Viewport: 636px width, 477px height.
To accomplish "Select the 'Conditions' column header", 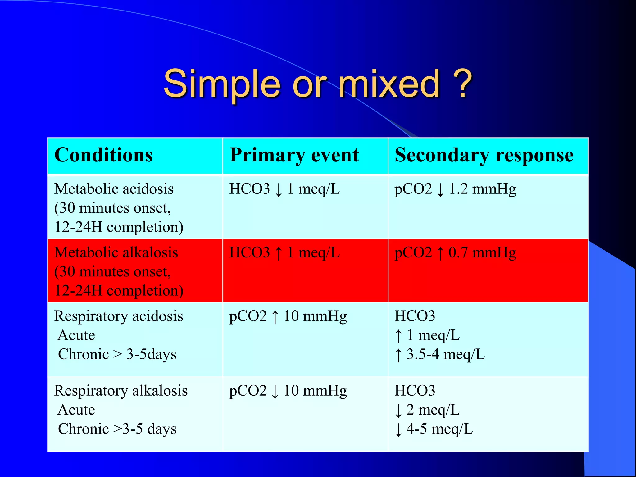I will coord(103,155).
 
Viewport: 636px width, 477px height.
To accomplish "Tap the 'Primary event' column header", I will coord(294,155).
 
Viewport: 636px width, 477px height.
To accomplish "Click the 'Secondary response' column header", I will coord(484,155).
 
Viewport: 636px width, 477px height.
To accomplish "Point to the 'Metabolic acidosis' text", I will coord(114,189).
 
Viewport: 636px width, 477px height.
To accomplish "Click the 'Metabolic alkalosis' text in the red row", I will coord(116,252).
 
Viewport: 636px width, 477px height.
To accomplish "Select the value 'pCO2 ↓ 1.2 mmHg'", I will coord(455,189).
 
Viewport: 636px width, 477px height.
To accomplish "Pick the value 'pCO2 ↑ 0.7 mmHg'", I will coord(455,252).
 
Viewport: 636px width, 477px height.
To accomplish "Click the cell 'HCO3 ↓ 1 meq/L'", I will coord(284,189).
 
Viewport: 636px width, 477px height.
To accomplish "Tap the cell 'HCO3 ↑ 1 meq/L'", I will coord(284,252).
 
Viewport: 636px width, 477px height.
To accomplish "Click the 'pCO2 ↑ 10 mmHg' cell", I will coord(288,316).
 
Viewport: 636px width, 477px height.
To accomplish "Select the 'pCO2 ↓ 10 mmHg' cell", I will coord(288,391).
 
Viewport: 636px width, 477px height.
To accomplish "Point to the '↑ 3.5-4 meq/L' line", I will coord(439,354).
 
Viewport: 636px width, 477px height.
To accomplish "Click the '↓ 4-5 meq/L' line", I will coord(434,429).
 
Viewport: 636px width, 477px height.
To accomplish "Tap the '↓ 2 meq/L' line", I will coord(427,410).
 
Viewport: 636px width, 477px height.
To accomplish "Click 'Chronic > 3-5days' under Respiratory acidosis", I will coord(117,354).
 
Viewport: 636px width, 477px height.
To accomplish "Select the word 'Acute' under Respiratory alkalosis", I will coord(76,410).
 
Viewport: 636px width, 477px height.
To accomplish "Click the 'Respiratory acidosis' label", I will coord(119,316).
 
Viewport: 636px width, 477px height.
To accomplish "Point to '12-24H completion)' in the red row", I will coord(119,291).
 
